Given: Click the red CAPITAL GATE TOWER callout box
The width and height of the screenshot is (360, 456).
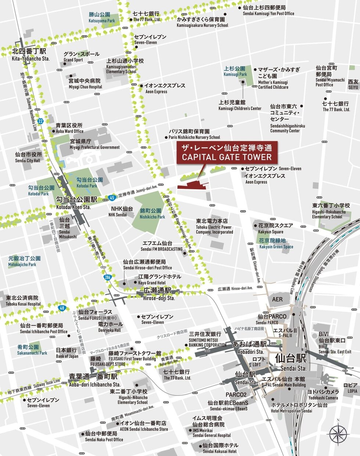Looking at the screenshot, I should coord(226,152).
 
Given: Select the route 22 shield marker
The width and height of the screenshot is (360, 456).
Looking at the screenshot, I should coord(40,121).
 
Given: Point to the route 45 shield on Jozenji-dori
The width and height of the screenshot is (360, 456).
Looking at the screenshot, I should coord(112,198).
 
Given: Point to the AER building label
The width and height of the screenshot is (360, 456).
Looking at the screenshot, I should coord(277,299).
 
